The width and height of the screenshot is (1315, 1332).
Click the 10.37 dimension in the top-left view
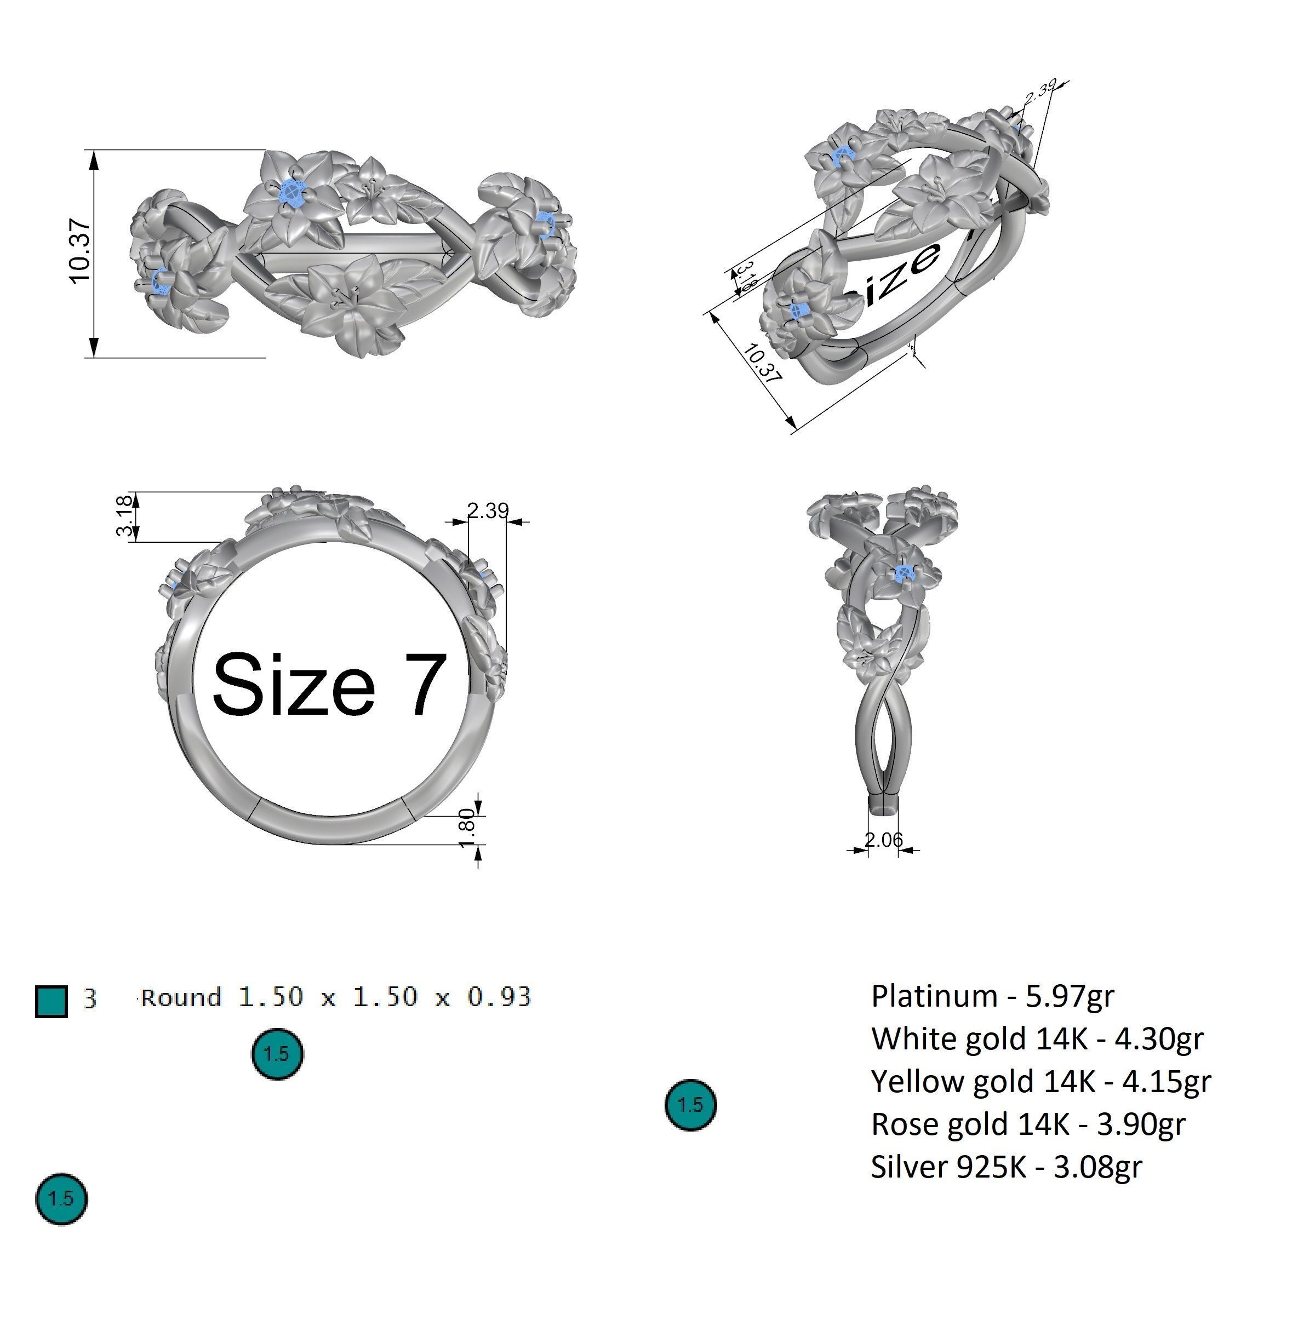click(79, 251)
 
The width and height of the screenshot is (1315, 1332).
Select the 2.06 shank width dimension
click(883, 840)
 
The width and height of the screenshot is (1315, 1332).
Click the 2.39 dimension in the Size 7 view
click(487, 510)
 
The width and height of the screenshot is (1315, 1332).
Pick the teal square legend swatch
click(51, 1001)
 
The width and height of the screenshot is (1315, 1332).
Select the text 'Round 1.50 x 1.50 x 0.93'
click(336, 997)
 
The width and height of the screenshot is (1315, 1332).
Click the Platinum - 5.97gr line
click(992, 996)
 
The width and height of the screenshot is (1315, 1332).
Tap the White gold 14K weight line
click(1037, 1038)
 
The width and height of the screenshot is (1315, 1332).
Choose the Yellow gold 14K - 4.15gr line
click(1040, 1081)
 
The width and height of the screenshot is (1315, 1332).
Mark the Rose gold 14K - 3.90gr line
click(1027, 1124)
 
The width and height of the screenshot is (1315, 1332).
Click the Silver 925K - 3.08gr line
click(1006, 1167)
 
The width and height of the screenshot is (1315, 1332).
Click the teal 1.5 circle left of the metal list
click(690, 1105)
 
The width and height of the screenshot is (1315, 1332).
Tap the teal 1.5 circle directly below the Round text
click(277, 1054)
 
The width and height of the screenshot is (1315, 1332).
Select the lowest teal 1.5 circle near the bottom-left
click(61, 1198)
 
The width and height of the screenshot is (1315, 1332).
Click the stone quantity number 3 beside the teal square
click(90, 997)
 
